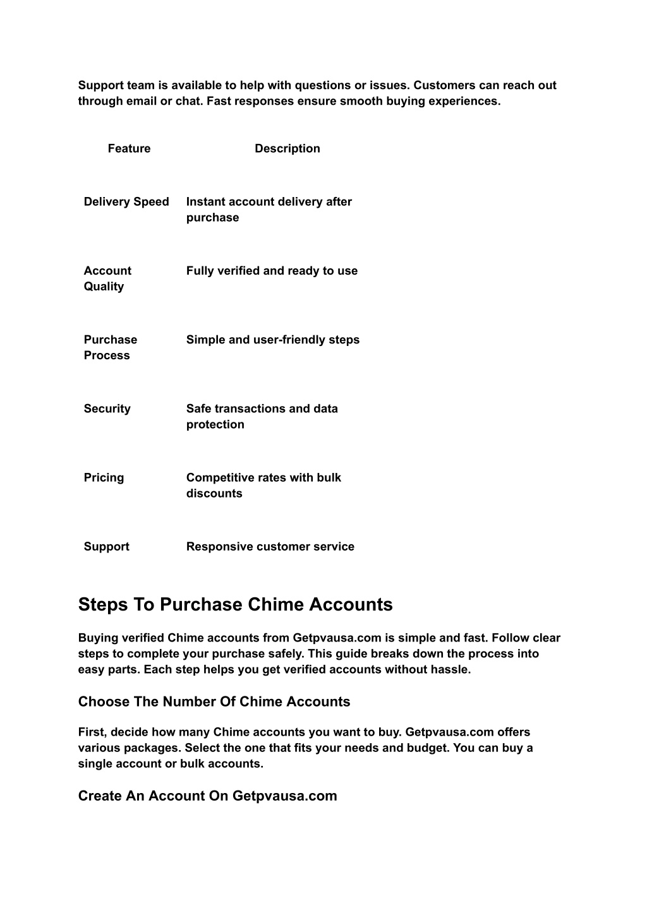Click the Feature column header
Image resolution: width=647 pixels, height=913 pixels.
[129, 148]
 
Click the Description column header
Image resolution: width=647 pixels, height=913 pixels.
[287, 148]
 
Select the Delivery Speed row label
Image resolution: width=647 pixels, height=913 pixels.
[126, 201]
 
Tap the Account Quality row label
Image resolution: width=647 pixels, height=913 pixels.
[107, 278]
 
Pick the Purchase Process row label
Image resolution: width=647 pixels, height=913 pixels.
[110, 347]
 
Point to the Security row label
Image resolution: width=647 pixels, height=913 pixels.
[107, 409]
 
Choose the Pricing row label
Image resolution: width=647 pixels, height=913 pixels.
[104, 477]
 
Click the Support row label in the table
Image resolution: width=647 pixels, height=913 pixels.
[106, 546]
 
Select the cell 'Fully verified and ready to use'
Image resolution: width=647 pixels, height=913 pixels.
[272, 271]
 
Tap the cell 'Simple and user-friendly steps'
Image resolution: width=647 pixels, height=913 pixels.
[272, 340]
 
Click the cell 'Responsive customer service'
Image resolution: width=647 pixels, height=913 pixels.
[270, 546]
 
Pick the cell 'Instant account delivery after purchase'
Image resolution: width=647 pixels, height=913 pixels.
[269, 210]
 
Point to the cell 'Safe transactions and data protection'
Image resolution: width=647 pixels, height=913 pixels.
[262, 416]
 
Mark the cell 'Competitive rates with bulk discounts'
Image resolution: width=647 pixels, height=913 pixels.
[263, 485]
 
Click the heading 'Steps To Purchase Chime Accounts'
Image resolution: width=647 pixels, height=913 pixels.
[235, 604]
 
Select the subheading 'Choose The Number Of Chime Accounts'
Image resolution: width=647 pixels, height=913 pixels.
[214, 701]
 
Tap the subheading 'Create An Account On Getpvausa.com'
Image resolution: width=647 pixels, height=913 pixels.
[207, 796]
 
